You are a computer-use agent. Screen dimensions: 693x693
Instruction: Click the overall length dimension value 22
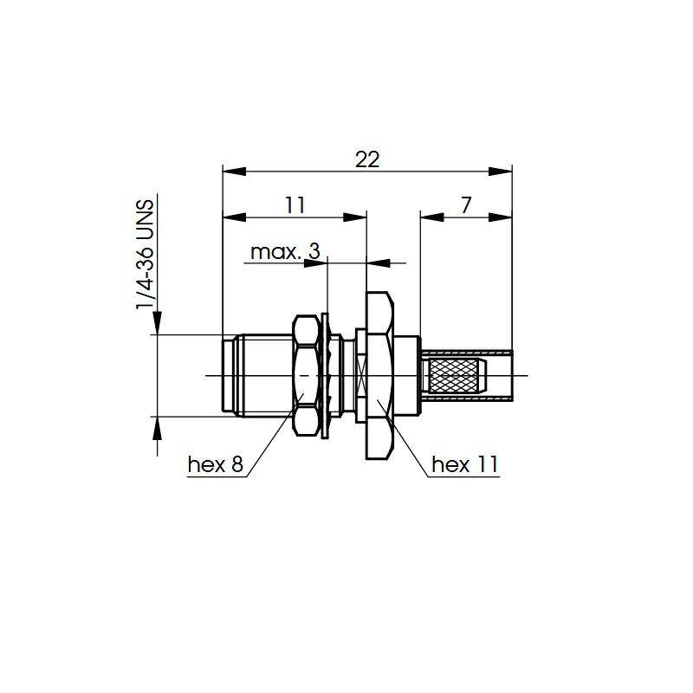(367, 159)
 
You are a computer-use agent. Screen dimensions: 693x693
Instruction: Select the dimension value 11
(295, 205)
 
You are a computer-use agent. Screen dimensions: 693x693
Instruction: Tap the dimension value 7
(466, 205)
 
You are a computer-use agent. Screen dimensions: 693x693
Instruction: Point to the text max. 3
(285, 252)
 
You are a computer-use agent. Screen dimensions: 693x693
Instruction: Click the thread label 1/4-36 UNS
(146, 255)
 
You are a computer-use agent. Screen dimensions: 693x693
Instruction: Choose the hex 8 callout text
(216, 464)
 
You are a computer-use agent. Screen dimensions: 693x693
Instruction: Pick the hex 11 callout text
(465, 464)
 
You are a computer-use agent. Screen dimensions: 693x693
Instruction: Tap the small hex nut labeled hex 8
(306, 376)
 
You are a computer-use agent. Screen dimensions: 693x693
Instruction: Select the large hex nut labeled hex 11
(379, 376)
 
